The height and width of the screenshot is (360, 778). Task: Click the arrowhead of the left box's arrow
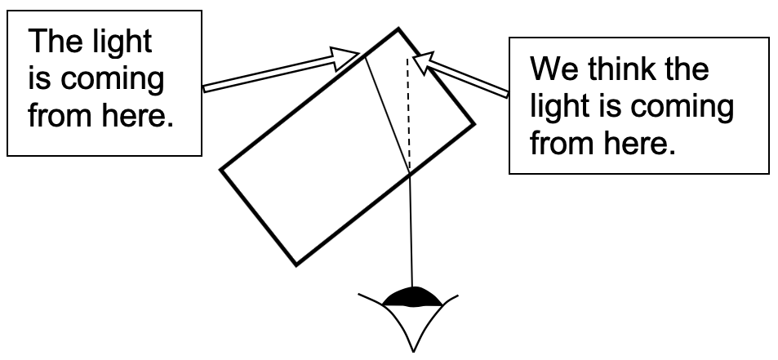coord(346,56)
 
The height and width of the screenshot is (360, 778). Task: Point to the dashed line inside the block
coord(408,114)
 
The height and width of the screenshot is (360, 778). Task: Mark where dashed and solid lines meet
coord(409,171)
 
